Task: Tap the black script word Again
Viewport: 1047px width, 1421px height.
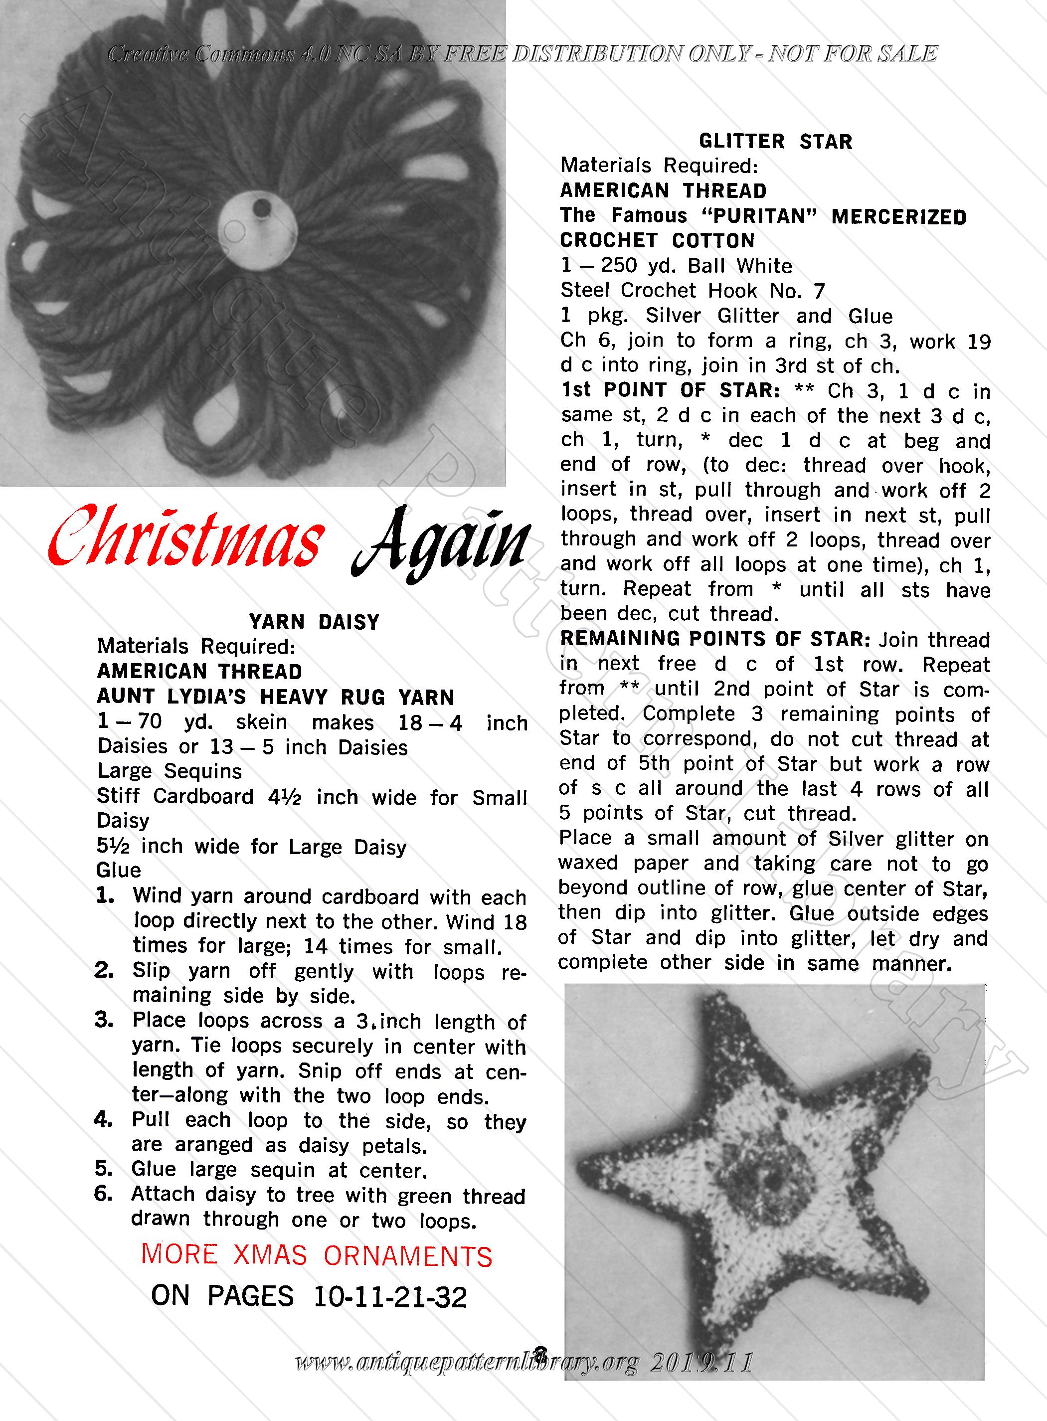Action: coord(440,545)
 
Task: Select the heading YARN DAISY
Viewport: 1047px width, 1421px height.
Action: coord(314,622)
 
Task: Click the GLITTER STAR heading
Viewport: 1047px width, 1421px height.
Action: coord(775,141)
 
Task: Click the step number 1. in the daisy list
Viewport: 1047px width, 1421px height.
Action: coord(105,895)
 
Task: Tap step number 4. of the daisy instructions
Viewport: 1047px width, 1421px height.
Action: coord(103,1120)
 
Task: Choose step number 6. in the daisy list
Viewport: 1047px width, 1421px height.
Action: coord(103,1194)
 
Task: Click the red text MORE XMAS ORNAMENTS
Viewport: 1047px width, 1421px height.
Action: coord(316,1255)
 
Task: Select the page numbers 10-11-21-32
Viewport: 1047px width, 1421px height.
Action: coord(390,1297)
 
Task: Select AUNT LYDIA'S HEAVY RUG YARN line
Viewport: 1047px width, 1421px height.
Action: coord(275,697)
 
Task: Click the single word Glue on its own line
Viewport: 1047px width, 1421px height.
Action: coord(119,870)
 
